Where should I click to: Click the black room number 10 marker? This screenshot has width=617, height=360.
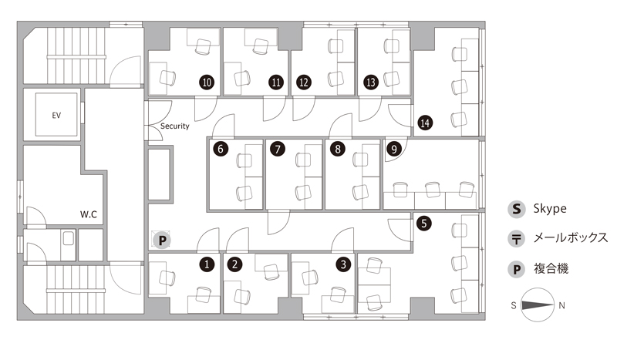(x=207, y=82)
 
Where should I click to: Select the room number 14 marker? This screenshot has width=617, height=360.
(x=425, y=123)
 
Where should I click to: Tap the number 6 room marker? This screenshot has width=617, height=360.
(x=221, y=149)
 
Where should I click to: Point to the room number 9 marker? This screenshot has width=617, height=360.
(x=394, y=149)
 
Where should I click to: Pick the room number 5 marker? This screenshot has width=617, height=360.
(x=423, y=223)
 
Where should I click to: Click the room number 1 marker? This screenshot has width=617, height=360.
(x=207, y=264)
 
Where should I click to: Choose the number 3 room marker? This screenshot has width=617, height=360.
(x=343, y=264)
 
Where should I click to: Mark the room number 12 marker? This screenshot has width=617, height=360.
(x=304, y=82)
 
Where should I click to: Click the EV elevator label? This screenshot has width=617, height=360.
(x=56, y=116)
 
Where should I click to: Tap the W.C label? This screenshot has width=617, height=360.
(x=89, y=214)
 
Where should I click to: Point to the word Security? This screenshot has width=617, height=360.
(x=175, y=126)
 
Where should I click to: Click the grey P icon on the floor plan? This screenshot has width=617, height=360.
(x=162, y=240)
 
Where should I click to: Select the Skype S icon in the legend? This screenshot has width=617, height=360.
(x=517, y=209)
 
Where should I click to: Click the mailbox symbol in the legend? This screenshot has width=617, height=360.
(x=517, y=239)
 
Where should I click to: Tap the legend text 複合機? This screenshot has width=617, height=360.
(x=551, y=269)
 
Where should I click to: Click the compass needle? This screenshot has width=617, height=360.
(x=538, y=305)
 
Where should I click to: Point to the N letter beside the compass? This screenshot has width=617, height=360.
(x=562, y=305)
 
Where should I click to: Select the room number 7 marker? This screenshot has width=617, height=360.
(x=278, y=149)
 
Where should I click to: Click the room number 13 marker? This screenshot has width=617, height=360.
(x=371, y=82)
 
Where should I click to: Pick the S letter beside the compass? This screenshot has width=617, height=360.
(x=514, y=305)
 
